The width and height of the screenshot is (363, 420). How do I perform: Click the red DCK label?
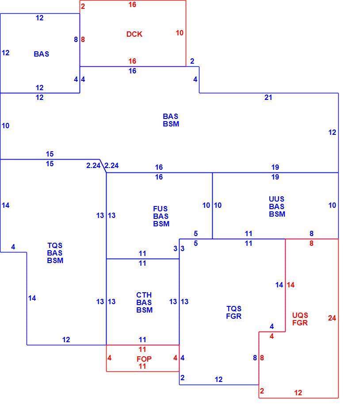point(134,34)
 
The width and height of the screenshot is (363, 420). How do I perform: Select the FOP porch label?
point(144,359)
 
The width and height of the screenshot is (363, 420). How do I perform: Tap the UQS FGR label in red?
point(300,319)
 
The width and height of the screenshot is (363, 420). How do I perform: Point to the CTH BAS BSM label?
point(145,302)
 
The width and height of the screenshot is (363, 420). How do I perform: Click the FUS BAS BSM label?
point(161,216)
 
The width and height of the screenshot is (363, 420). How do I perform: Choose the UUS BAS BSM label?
point(277,206)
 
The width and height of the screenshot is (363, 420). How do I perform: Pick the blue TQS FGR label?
point(234,312)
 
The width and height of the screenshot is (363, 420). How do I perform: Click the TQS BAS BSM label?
point(55,253)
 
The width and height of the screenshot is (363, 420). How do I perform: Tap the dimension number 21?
point(268,98)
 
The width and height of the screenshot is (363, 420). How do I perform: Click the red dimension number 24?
point(332,318)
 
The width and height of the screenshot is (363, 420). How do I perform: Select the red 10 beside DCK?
point(180,33)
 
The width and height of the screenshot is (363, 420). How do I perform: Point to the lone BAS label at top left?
point(42,54)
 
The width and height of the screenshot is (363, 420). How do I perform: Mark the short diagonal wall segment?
point(103,166)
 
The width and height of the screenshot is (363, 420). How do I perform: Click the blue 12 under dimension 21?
point(332,132)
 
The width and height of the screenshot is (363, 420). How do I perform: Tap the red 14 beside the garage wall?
point(290,285)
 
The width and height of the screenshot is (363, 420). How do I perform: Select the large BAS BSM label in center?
point(171,120)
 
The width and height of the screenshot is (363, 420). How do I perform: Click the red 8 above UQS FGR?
point(311,243)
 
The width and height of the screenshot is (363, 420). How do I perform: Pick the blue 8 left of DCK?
point(76,39)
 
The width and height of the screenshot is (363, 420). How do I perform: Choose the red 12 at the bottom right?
point(298,393)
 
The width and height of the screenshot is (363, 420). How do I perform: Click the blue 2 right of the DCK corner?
point(192,61)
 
